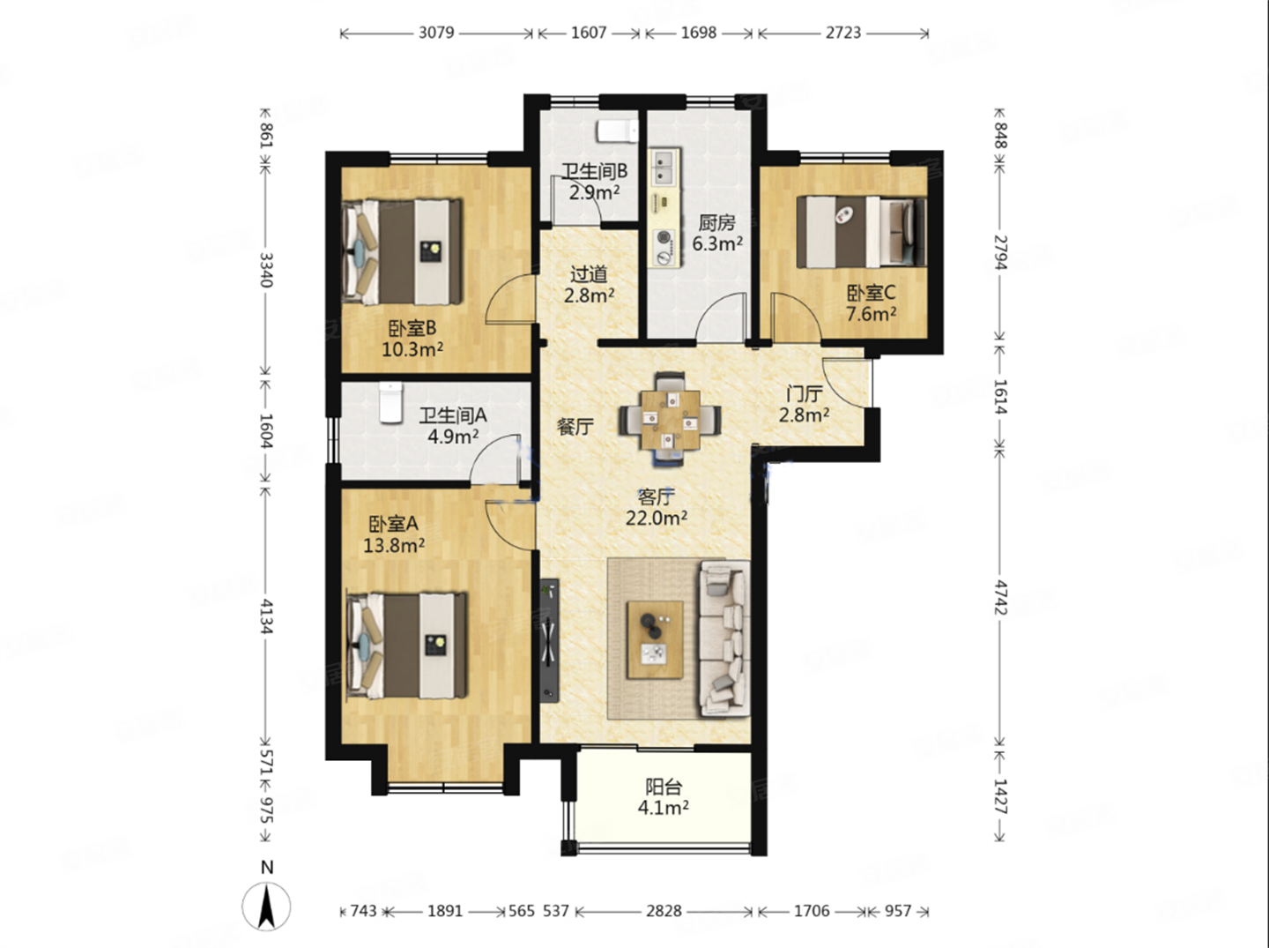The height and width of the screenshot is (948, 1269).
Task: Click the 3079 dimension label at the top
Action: [436, 33]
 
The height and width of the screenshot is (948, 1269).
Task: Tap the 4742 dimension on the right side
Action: [1000, 598]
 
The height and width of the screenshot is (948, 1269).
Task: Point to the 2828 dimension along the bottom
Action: [664, 912]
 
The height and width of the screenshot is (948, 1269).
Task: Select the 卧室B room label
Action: [412, 329]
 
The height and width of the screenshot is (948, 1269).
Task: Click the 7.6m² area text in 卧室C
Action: [872, 314]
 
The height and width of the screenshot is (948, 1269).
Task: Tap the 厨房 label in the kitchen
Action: [716, 223]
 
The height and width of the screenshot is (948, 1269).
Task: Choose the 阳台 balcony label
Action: [663, 787]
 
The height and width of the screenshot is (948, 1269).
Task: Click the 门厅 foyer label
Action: [805, 394]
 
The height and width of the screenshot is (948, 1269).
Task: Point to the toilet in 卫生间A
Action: [390, 402]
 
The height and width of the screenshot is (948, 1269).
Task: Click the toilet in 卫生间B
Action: [618, 131]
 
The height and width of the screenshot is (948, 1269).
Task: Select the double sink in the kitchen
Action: [664, 168]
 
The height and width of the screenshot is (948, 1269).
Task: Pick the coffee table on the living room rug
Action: [655, 639]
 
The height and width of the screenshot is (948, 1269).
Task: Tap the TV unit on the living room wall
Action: [549, 641]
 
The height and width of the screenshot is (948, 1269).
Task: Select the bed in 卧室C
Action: [861, 232]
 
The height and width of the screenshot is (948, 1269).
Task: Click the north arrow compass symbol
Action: [266, 907]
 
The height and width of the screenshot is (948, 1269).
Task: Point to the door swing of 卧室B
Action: [510, 299]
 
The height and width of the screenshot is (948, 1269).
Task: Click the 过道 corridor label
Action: [590, 274]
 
